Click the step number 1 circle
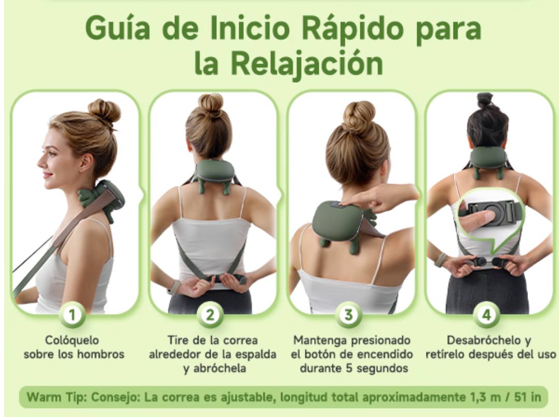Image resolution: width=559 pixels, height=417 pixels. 76,314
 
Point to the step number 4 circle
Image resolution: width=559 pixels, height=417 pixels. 487,314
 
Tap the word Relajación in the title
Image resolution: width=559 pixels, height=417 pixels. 307,63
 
